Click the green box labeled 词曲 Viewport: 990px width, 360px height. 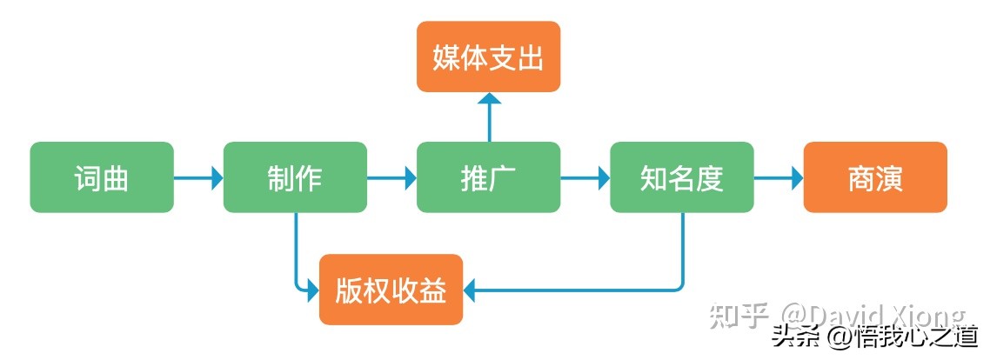coord(102,177)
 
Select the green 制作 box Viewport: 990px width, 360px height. coord(295,177)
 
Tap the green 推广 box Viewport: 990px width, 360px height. coord(488,177)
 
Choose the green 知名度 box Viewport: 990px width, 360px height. coord(681,177)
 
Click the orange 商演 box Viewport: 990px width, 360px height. coord(874,177)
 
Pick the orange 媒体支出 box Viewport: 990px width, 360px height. coord(488,57)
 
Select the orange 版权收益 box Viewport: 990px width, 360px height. coord(391,290)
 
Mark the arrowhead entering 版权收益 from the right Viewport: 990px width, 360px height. coord(471,290)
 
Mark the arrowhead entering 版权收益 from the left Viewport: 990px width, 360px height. coord(313,290)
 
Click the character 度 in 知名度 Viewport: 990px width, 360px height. coord(710,178)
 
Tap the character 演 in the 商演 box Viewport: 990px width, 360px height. coord(889,178)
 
